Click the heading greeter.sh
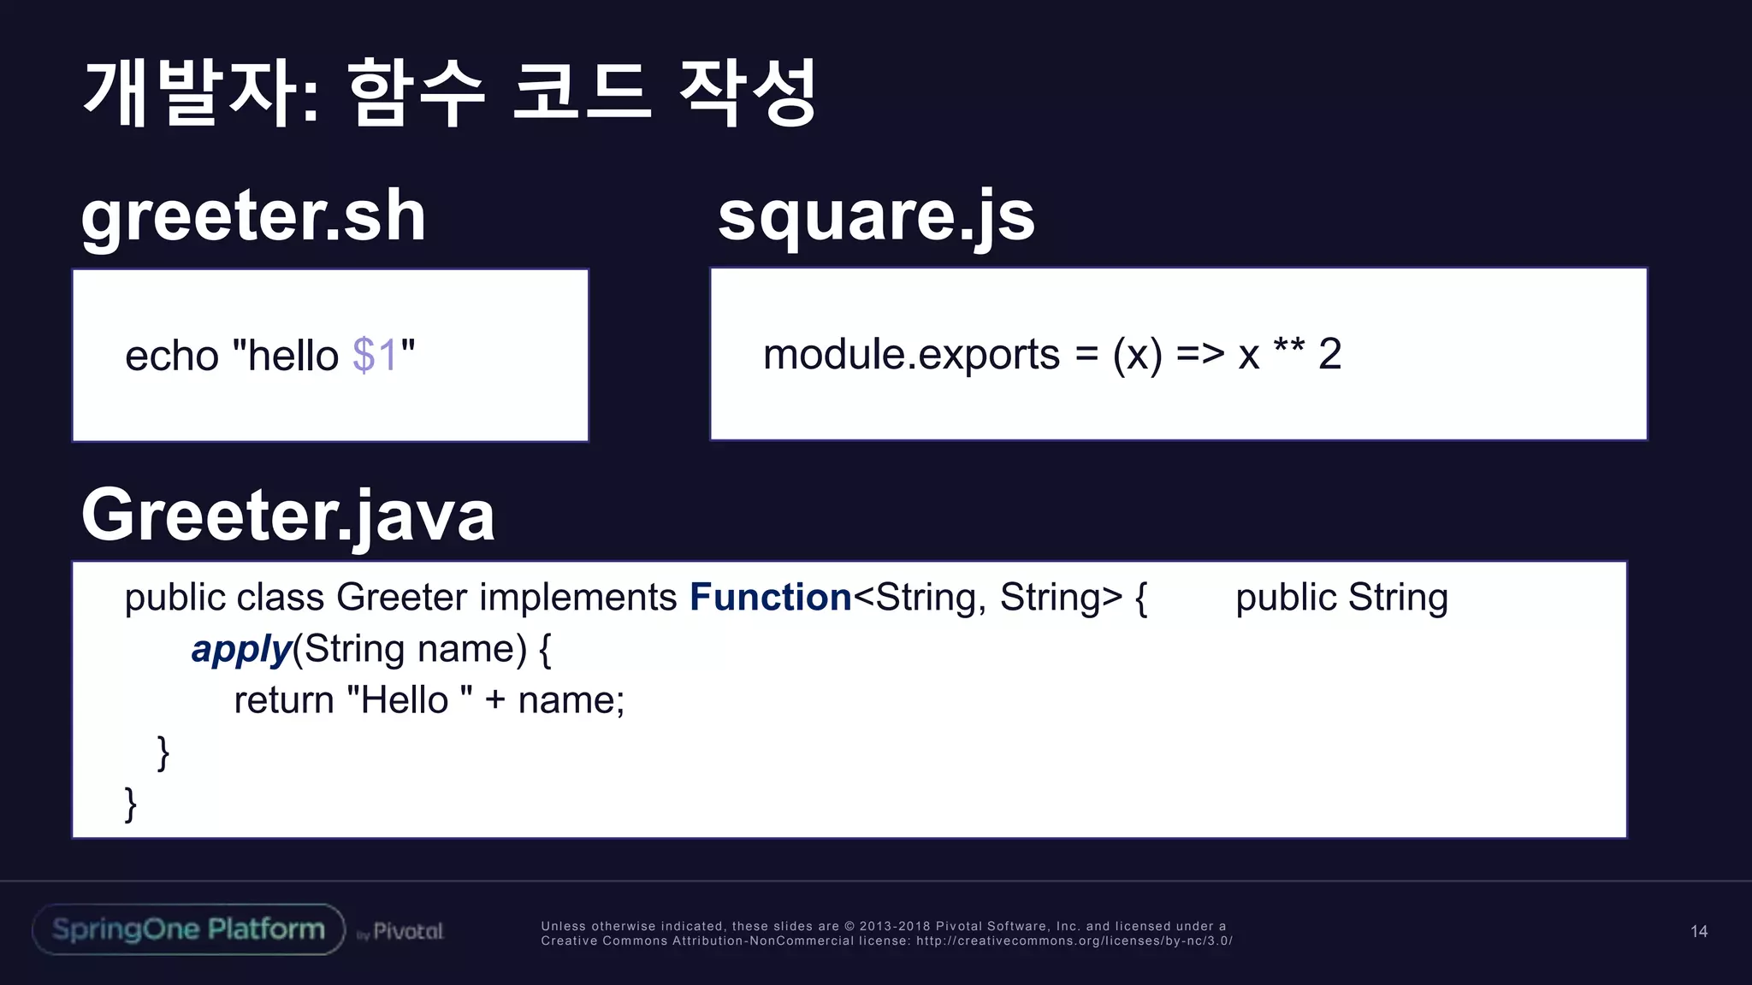point(253,217)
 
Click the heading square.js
point(876,217)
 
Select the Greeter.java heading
point(288,516)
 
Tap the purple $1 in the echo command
point(375,355)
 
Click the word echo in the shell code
point(172,356)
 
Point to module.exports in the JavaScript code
point(911,355)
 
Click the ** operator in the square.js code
point(1288,350)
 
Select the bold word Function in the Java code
point(770,597)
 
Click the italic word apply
point(241,650)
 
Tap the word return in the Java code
point(284,701)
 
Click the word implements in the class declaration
point(577,597)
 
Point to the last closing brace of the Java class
point(131,805)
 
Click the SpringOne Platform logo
point(188,929)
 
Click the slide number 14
point(1699,932)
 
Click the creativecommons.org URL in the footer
point(1074,941)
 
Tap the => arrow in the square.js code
point(1200,354)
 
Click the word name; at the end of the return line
point(571,701)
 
